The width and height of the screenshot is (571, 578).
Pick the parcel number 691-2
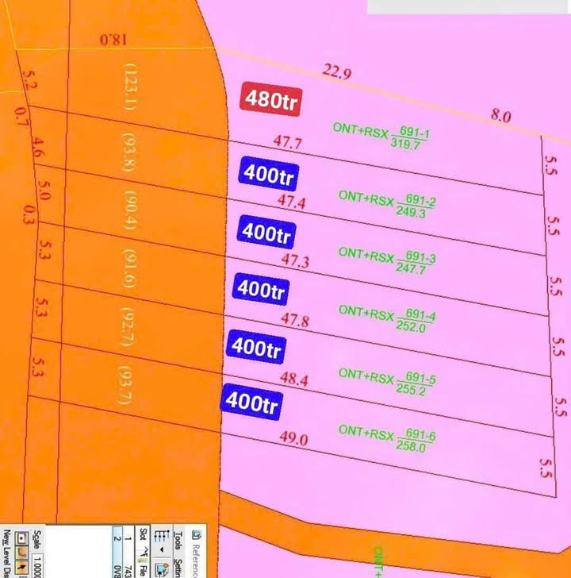420,202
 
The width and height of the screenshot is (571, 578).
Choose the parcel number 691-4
420,316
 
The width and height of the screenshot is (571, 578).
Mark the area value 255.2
416,391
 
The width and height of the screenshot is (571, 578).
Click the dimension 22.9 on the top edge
336,73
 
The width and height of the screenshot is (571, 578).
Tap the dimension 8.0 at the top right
500,116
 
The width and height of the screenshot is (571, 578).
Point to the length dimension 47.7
287,143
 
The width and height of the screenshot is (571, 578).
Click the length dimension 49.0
293,438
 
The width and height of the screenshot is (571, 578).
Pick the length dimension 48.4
293,380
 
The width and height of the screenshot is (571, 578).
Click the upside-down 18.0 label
113,39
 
